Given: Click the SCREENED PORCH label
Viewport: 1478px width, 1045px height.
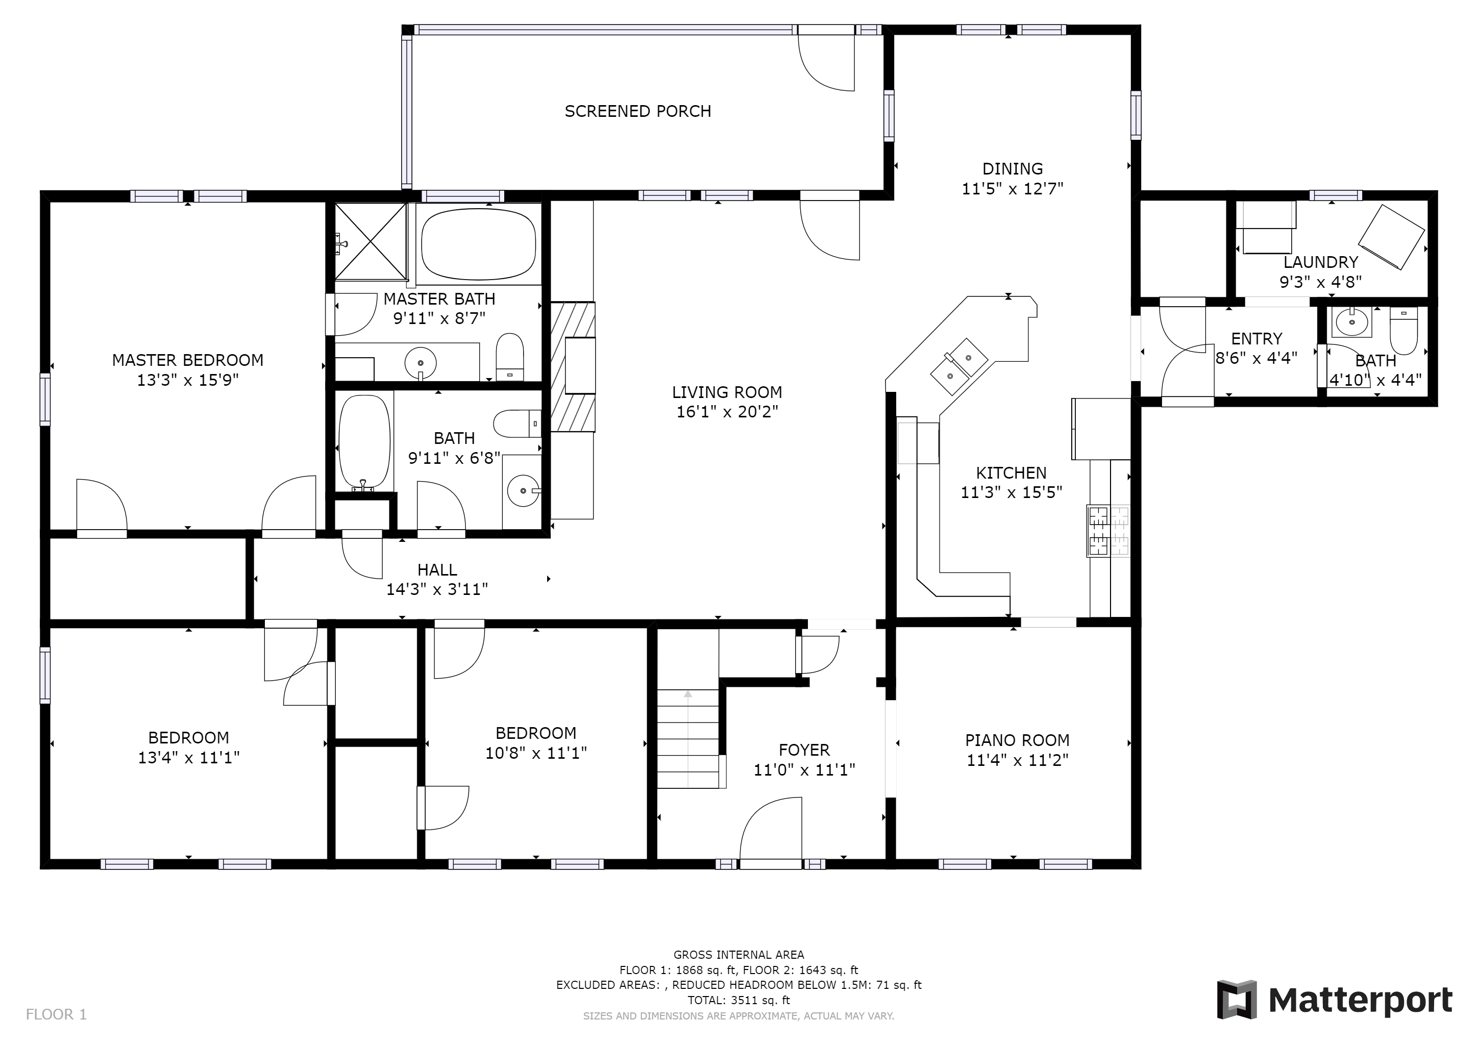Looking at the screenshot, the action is [x=638, y=111].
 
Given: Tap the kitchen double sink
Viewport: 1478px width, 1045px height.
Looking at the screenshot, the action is [x=959, y=366].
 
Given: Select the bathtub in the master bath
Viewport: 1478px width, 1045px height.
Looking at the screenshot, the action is [x=478, y=244].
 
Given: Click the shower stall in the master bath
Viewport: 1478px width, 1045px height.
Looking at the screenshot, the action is [x=372, y=241].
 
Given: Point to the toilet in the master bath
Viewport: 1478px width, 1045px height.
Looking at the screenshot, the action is [x=510, y=357].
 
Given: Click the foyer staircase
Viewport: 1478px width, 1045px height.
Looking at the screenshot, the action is [x=687, y=739].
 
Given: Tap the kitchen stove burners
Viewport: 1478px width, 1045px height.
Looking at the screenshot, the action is [x=1108, y=531].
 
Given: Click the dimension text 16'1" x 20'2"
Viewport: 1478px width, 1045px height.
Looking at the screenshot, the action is [x=727, y=412].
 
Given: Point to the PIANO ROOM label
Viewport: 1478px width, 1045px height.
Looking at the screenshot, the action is [x=1017, y=740].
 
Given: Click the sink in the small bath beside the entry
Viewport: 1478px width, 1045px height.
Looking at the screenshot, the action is [x=1351, y=322].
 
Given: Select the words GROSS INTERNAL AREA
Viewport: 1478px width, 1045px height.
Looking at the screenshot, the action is [x=738, y=955].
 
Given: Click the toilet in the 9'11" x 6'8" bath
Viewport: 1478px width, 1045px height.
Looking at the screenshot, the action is [x=518, y=424].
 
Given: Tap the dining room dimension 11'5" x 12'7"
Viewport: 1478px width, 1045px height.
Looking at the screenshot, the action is [x=1013, y=188].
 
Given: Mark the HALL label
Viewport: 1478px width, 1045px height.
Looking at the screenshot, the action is [x=437, y=569].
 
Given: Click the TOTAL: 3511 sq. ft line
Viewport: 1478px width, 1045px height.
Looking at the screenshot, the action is [x=738, y=1001].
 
